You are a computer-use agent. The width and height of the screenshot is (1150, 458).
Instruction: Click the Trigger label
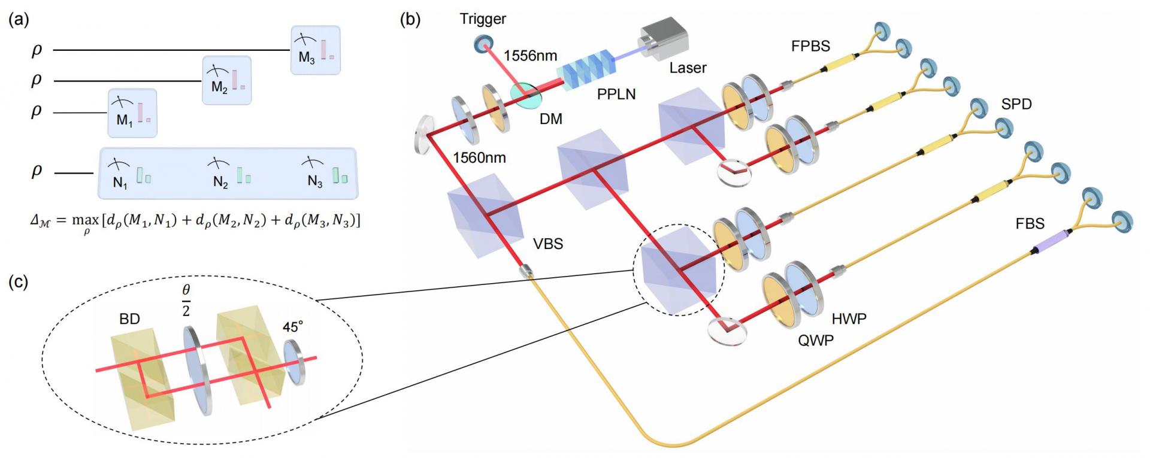coord(483,19)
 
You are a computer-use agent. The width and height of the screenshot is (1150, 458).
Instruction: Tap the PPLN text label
coord(616,94)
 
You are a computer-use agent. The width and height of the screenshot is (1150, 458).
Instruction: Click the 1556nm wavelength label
coord(530,56)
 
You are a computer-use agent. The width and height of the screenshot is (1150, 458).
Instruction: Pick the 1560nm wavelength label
coord(479,158)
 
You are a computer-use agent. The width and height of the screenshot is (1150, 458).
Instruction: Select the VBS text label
coord(548,244)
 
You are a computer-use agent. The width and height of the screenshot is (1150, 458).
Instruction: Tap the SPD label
coord(1016,104)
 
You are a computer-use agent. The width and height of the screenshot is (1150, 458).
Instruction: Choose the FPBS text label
coord(810,46)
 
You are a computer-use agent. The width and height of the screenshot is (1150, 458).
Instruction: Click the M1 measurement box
coord(132,113)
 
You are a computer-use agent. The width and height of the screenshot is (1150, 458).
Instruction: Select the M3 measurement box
coord(315,50)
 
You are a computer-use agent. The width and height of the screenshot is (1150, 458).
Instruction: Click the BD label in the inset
coord(129,319)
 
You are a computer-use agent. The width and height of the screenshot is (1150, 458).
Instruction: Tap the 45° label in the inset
coord(293,327)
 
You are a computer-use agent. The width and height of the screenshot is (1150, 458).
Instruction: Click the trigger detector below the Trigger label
coord(483,43)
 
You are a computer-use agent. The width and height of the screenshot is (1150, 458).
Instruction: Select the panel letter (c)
coord(19,282)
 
